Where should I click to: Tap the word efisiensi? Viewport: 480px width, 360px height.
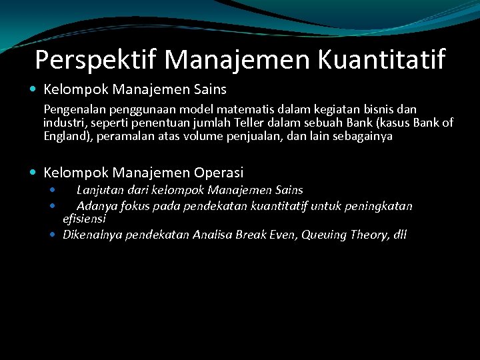(x=84, y=218)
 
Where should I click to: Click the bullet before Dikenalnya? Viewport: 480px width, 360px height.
(x=53, y=235)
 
